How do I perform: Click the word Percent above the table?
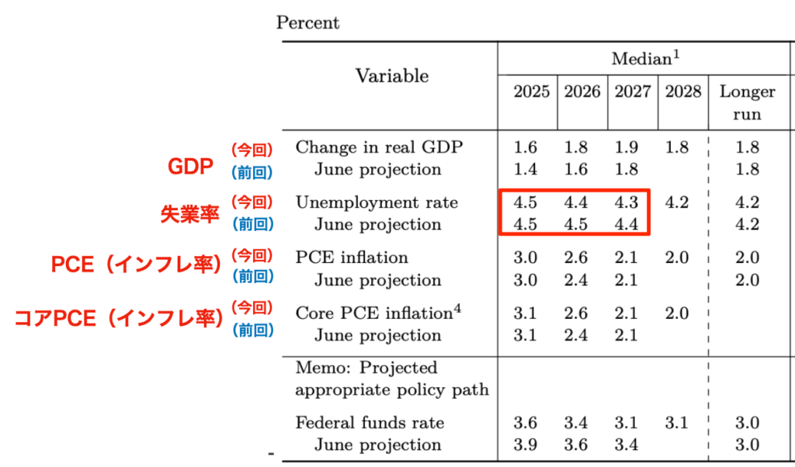click(x=307, y=23)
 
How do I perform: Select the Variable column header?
click(x=391, y=75)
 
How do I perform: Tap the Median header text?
click(x=641, y=59)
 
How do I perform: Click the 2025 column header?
click(x=531, y=92)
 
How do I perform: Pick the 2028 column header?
click(x=682, y=92)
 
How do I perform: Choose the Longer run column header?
click(x=747, y=102)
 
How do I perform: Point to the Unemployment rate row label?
click(x=377, y=202)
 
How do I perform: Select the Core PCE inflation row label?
click(x=377, y=313)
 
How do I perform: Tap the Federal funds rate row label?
click(x=370, y=423)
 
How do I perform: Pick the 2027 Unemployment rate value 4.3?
click(x=627, y=202)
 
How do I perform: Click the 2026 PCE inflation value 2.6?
click(x=577, y=258)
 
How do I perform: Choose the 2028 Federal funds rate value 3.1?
click(x=676, y=423)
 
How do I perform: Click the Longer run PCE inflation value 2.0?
click(x=747, y=258)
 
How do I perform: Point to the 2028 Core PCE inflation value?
click(x=676, y=313)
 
